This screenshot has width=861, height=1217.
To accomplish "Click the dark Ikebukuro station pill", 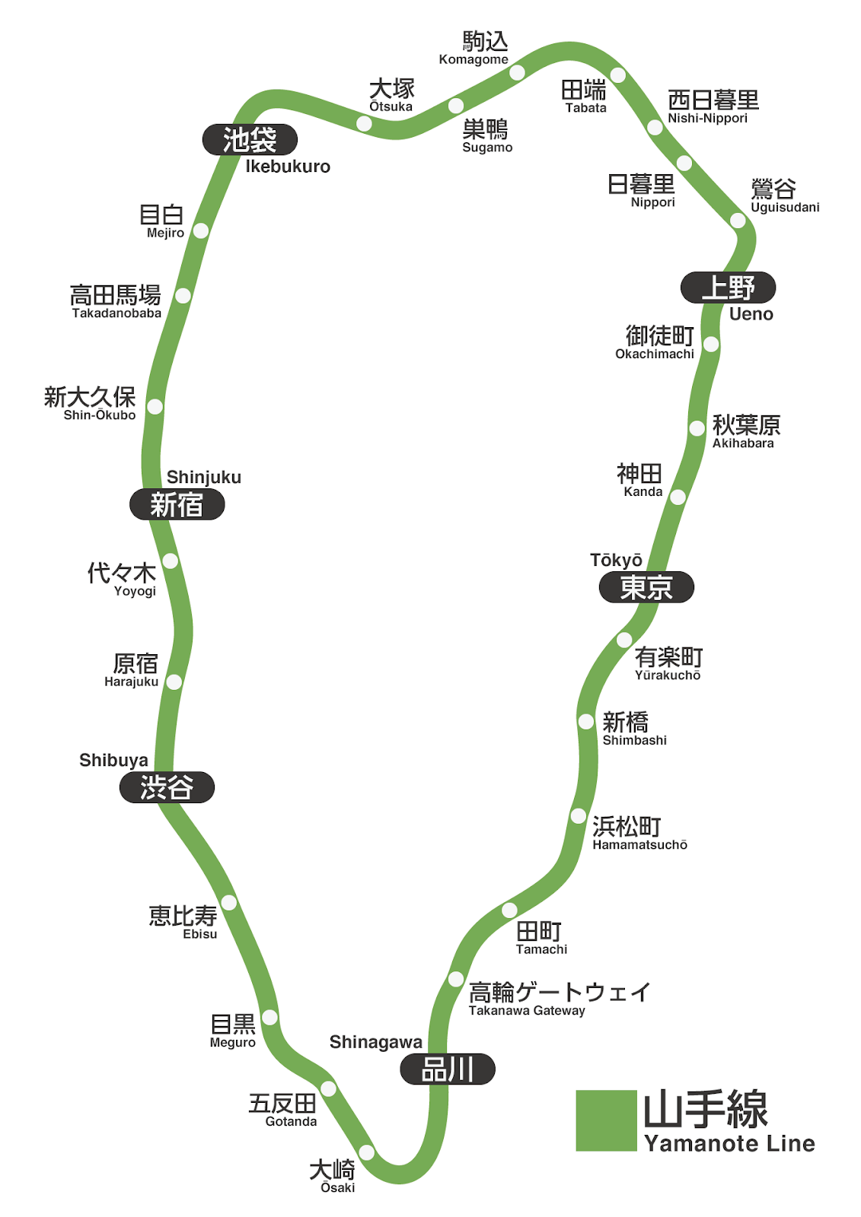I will pyautogui.click(x=250, y=139).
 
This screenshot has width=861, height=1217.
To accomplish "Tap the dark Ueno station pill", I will pyautogui.click(x=728, y=288).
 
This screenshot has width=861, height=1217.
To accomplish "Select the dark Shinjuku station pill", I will pyautogui.click(x=177, y=505).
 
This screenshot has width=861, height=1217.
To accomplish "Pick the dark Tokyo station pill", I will pyautogui.click(x=646, y=587).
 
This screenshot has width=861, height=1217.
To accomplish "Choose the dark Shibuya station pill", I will pyautogui.click(x=167, y=788).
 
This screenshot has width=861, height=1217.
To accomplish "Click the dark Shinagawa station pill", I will pyautogui.click(x=448, y=1069).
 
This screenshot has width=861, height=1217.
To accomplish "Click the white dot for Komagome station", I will pyautogui.click(x=517, y=73).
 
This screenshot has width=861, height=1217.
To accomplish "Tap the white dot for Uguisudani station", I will pyautogui.click(x=738, y=221).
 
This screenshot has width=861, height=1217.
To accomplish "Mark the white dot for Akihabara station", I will pyautogui.click(x=697, y=428).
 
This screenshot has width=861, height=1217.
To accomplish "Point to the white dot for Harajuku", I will pyautogui.click(x=174, y=682).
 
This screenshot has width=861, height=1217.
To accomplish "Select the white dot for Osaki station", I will pyautogui.click(x=366, y=1152).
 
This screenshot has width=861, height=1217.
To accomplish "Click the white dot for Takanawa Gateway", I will pyautogui.click(x=456, y=979).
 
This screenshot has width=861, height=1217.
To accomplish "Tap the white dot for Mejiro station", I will pyautogui.click(x=201, y=230).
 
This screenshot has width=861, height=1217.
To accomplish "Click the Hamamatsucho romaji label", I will pyautogui.click(x=640, y=845).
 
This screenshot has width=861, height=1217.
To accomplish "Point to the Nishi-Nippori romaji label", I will pyautogui.click(x=708, y=119).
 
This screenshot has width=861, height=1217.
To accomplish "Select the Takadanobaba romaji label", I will pyautogui.click(x=116, y=313).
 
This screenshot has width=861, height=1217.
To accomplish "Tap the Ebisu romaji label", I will pyautogui.click(x=200, y=934).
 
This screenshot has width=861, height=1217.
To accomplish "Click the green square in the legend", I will pyautogui.click(x=606, y=1120).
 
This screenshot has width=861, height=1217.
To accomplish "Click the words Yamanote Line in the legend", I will pyautogui.click(x=729, y=1143).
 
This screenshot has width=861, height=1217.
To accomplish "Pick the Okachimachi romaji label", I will pyautogui.click(x=655, y=354).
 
